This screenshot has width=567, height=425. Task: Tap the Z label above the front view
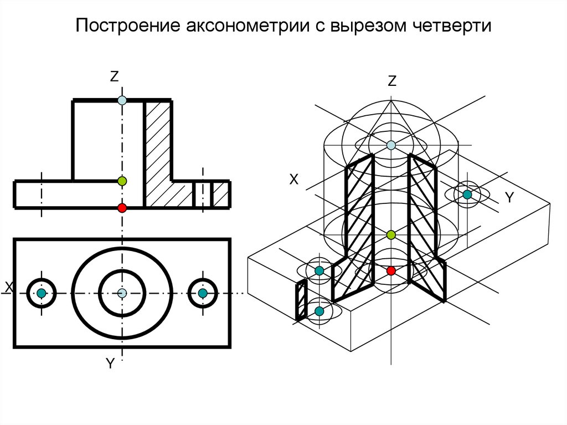pyautogui.click(x=115, y=78)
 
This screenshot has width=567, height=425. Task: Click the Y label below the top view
pyautogui.click(x=110, y=363)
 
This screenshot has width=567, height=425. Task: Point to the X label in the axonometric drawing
pyautogui.click(x=294, y=179)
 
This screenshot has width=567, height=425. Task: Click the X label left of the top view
pyautogui.click(x=8, y=286)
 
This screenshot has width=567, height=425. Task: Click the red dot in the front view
pyautogui.click(x=122, y=208)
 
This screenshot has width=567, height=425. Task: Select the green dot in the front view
pyautogui.click(x=122, y=181)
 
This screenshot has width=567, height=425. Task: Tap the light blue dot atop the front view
pyautogui.click(x=122, y=100)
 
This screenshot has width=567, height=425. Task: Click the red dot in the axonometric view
pyautogui.click(x=391, y=270)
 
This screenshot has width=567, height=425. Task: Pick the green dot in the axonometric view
pyautogui.click(x=391, y=235)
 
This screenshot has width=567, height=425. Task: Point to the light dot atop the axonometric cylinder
pyautogui.click(x=391, y=145)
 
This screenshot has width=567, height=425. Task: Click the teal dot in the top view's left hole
pyautogui.click(x=41, y=293)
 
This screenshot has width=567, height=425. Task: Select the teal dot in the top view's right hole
pyautogui.click(x=203, y=293)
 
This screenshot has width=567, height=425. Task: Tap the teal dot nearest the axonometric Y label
pyautogui.click(x=467, y=194)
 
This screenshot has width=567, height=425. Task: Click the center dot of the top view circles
pyautogui.click(x=122, y=293)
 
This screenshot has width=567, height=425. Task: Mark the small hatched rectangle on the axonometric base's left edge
pyautogui.click(x=301, y=300)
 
